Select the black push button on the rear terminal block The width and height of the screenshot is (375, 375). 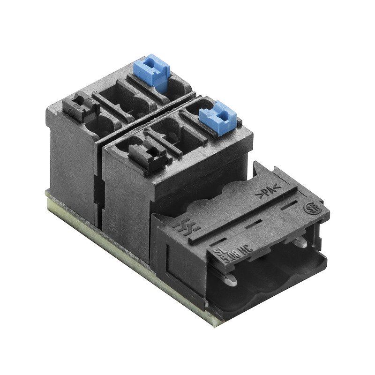coord(82,106)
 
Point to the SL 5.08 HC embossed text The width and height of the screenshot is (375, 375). coord(232,251)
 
